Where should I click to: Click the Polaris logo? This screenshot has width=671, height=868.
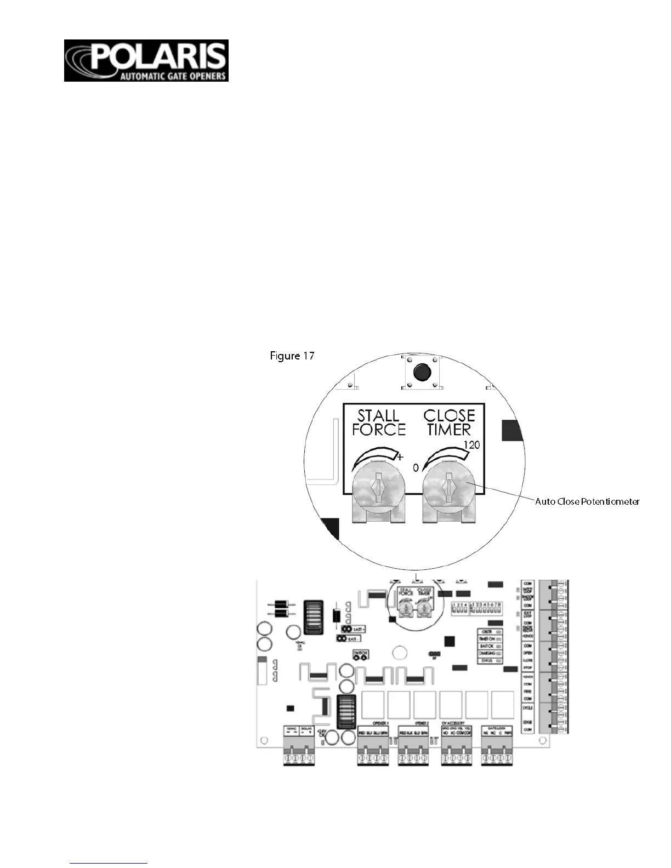coord(146,60)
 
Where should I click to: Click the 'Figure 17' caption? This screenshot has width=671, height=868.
coord(292,356)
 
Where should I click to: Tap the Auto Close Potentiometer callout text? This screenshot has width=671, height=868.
coord(587,501)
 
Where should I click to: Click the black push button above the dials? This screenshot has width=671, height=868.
coord(421,372)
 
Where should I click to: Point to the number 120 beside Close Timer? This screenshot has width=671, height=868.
coord(471,445)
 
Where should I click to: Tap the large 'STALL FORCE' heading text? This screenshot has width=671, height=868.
coord(379,422)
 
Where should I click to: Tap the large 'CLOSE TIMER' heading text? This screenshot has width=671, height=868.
coord(449,422)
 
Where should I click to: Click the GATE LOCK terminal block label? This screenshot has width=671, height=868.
coord(496,728)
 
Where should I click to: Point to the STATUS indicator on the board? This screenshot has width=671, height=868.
coord(486,661)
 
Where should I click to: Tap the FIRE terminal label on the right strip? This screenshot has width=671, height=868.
coord(528,692)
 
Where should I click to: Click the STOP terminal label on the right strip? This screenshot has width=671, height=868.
coord(528,668)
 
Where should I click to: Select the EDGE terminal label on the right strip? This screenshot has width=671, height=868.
coord(528,722)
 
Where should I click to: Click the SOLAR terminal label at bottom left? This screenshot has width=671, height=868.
coord(306,728)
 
